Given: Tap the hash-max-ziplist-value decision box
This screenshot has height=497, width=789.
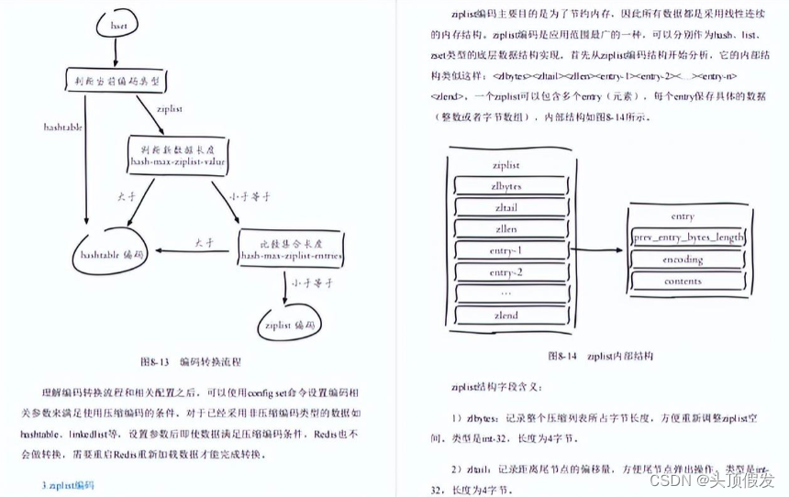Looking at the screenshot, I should tap(178, 153).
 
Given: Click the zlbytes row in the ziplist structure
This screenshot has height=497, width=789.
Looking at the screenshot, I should tap(506, 184).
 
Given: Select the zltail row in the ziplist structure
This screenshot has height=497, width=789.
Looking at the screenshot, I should tap(506, 207).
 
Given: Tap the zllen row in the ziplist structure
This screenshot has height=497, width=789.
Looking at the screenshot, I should tap(506, 229).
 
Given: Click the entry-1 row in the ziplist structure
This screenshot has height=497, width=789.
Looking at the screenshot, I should tap(506, 250).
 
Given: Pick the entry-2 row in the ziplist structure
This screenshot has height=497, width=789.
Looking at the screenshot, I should tap(506, 272).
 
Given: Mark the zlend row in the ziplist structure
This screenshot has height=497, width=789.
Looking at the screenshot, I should tap(506, 315).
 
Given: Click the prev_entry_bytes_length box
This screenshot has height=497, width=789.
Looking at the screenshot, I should tap(688, 237).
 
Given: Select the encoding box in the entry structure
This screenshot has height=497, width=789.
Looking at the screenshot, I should tap(683, 260).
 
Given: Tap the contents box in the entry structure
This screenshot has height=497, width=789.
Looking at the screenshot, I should tap(683, 282).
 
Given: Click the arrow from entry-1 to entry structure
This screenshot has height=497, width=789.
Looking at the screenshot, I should tap(586, 248).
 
